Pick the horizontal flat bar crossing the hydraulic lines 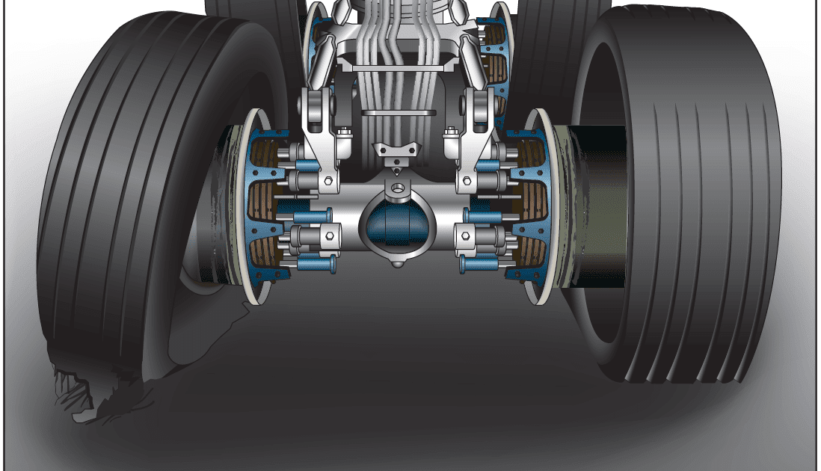(x=398, y=113)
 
